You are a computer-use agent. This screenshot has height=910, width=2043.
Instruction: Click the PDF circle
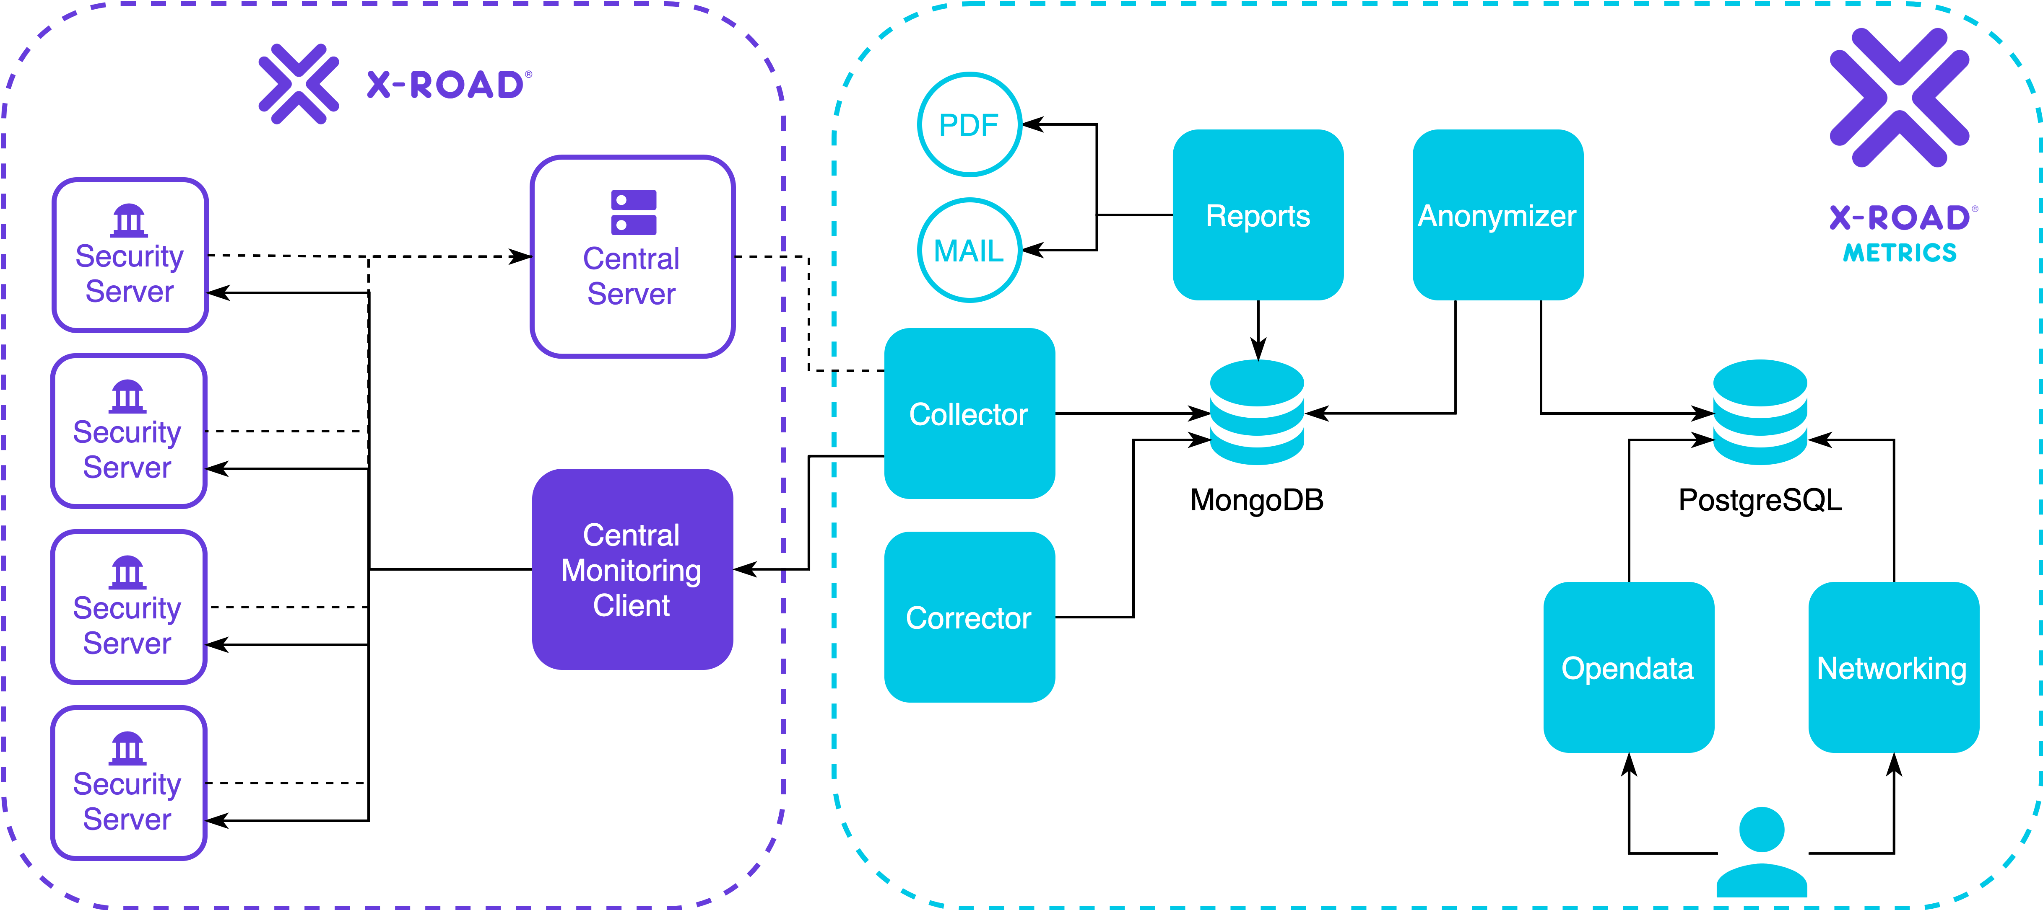(x=969, y=124)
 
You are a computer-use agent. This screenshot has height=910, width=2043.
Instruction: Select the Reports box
(x=1258, y=215)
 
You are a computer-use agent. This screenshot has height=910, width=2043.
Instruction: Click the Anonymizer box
(x=1498, y=215)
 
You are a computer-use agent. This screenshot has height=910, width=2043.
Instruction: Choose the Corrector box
(x=969, y=617)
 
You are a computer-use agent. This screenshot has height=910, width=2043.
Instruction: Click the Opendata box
(x=1629, y=667)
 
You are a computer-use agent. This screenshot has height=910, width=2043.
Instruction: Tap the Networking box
(x=1894, y=667)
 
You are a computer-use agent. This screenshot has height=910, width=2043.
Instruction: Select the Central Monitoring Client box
(x=632, y=569)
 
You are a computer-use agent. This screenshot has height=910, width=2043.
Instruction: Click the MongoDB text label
(x=1257, y=500)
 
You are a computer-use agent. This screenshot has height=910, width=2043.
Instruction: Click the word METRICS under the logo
(x=1900, y=253)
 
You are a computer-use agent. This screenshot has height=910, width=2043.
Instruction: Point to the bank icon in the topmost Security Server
(x=129, y=221)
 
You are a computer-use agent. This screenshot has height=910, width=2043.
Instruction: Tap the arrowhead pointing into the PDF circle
(x=1032, y=124)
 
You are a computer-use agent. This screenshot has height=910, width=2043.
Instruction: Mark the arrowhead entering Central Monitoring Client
(x=745, y=569)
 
